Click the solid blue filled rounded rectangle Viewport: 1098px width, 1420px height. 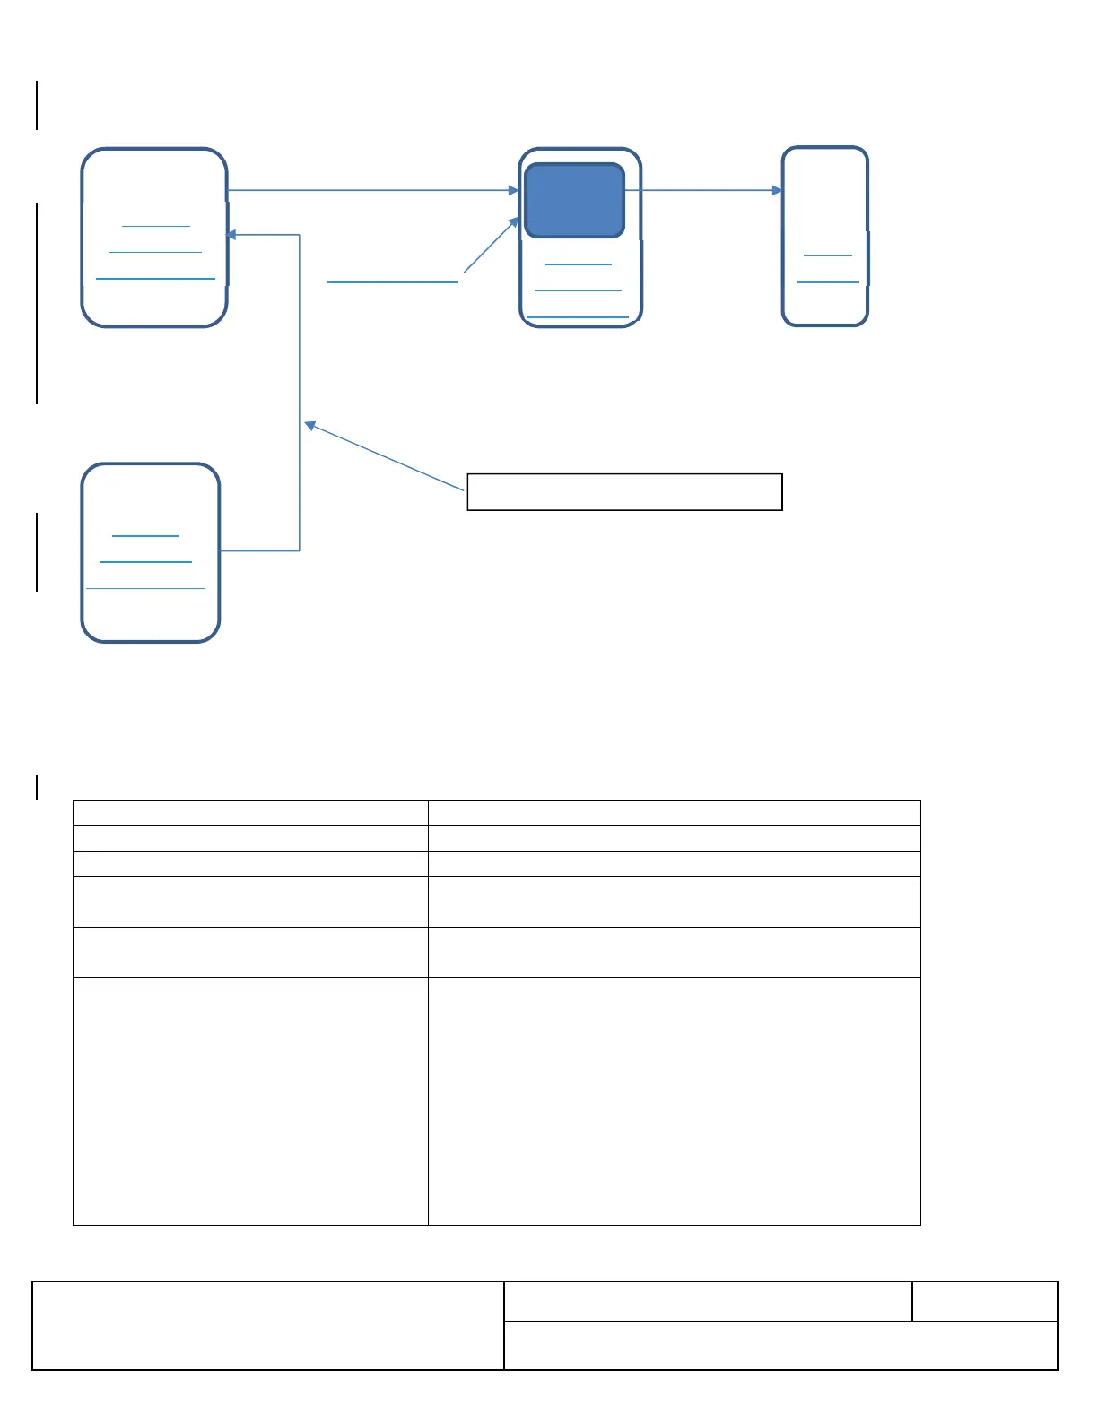coord(574,200)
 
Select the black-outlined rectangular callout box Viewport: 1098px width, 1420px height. coord(624,492)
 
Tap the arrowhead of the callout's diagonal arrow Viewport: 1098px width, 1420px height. coord(309,424)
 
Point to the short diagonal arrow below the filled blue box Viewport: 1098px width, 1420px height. coord(491,245)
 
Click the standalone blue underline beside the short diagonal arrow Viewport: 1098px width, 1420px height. coord(393,282)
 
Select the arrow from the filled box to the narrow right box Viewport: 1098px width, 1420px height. coord(702,190)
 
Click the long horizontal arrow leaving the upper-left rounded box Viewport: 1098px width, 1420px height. coord(372,190)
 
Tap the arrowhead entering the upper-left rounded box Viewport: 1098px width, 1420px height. coord(231,235)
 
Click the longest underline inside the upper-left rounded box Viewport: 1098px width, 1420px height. coord(155,279)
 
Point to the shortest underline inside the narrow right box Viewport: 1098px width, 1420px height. coord(827,255)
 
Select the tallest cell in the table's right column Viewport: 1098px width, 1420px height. coord(675,1101)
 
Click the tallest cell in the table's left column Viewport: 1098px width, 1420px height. coord(250,1101)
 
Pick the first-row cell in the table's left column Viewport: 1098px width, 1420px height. coord(250,812)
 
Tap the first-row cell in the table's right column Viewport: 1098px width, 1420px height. coord(675,812)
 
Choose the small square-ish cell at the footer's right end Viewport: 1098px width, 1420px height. coord(985,1302)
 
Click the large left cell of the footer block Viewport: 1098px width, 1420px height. coord(268,1326)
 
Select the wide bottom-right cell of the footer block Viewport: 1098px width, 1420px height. coord(780,1346)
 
